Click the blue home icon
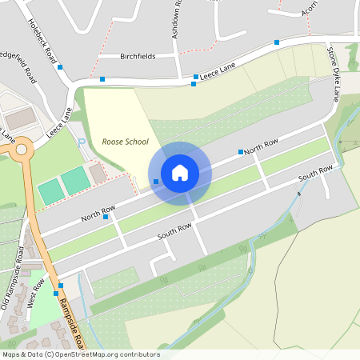click(180, 172)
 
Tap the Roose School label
click(125, 142)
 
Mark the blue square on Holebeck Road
click(60, 67)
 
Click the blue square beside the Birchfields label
click(102, 79)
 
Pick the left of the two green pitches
click(50, 191)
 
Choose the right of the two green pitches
click(76, 181)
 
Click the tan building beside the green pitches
click(98, 173)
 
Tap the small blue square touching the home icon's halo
click(155, 182)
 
